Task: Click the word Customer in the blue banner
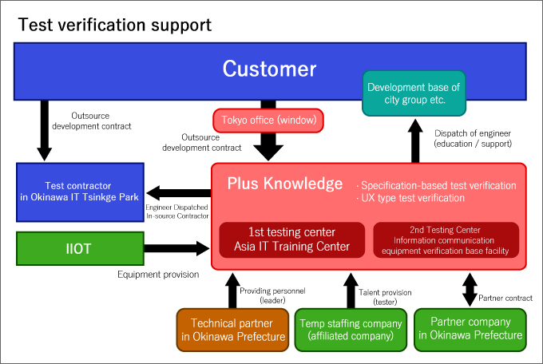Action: [269, 69]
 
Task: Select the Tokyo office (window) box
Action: [268, 121]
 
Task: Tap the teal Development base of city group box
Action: [414, 93]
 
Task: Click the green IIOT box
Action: [80, 249]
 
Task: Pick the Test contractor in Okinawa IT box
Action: [80, 192]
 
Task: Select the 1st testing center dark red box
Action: [292, 239]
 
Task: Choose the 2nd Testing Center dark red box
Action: [446, 239]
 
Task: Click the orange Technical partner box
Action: [232, 330]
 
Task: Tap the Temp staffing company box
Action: [351, 330]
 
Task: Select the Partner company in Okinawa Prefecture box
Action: [470, 330]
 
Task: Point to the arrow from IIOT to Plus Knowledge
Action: [176, 248]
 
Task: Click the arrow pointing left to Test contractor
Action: [179, 193]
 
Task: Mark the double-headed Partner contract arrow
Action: [470, 290]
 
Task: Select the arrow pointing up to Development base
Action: [415, 140]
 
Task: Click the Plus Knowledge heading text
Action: [284, 184]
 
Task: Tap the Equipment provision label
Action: [158, 275]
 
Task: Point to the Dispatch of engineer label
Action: [473, 139]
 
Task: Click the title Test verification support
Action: [115, 25]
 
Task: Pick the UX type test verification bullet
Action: [410, 198]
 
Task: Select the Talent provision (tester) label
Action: [385, 297]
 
